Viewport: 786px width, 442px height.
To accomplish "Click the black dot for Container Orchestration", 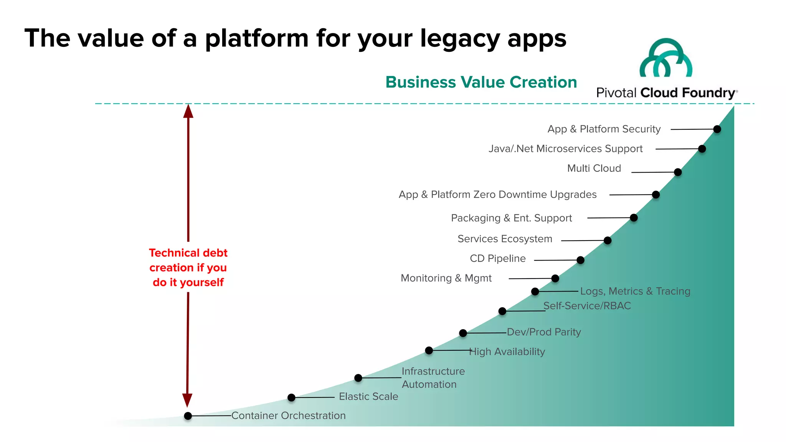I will pos(188,416).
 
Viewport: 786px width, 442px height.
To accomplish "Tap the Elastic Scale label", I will pos(368,396).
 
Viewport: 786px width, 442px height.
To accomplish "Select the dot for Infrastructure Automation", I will pos(358,378).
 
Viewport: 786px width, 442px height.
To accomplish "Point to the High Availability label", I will pos(507,351).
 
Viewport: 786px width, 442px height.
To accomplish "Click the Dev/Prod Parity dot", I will pos(463,333).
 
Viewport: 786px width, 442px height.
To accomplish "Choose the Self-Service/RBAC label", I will pos(587,306).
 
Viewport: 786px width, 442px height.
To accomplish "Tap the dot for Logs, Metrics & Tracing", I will pos(535,292).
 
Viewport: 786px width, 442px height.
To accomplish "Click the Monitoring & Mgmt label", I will pos(446,278).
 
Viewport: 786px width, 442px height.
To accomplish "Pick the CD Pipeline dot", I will pos(581,260).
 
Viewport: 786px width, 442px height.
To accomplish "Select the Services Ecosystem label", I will pos(505,239).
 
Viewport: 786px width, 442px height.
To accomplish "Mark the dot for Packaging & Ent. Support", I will pos(634,218).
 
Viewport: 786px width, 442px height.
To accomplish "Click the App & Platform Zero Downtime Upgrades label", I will pos(497,195).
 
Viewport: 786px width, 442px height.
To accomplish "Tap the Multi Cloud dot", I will pos(678,172).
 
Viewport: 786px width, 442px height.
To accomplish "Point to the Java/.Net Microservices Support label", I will pos(565,148).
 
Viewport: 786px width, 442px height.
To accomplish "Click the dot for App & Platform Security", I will pos(717,129).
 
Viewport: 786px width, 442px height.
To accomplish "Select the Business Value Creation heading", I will pos(481,82).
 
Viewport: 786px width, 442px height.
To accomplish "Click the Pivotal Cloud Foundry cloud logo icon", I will pos(666,58).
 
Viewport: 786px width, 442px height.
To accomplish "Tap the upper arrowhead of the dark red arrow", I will pos(188,111).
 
